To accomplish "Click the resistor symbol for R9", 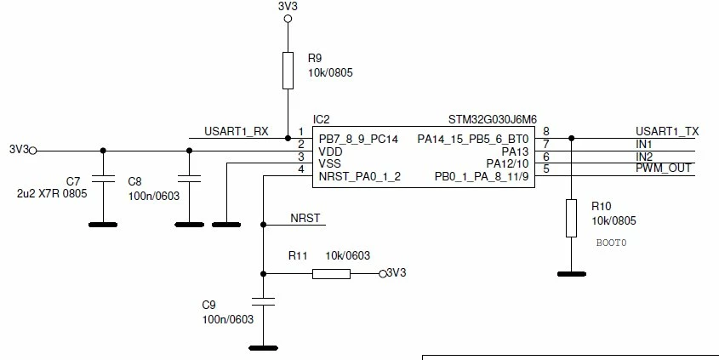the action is click(x=288, y=70).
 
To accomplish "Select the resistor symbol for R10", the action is click(x=571, y=218).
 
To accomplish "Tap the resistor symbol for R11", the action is click(x=331, y=274).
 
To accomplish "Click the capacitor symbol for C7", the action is click(x=103, y=179).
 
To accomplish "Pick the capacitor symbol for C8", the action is click(x=189, y=179).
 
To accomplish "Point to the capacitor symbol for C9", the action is click(x=263, y=301).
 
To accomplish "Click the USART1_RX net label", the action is click(x=237, y=132).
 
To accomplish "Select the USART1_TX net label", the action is click(x=667, y=132).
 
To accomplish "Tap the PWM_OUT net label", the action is click(x=663, y=169).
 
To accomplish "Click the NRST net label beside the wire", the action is click(x=305, y=218).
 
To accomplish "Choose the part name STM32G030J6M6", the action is click(x=493, y=120).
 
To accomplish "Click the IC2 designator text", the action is click(x=321, y=120).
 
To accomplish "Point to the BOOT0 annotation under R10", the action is click(x=611, y=243).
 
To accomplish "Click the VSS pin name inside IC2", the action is click(x=330, y=163).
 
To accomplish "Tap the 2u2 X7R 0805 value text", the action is click(x=52, y=193).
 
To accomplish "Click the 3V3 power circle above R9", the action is click(x=288, y=19).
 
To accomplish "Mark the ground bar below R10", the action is click(x=571, y=274).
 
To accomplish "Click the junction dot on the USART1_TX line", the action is click(x=571, y=138).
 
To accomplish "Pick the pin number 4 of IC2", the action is click(x=301, y=169).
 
